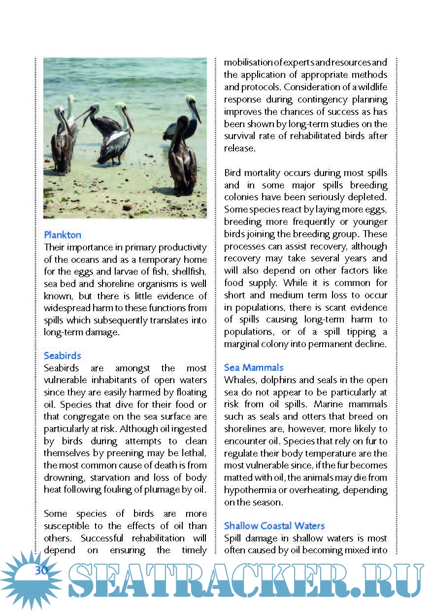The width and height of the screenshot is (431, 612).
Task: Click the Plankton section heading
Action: [x=63, y=235]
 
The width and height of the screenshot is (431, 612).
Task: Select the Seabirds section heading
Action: [x=62, y=356]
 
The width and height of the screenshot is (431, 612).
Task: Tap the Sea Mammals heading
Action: [x=254, y=367]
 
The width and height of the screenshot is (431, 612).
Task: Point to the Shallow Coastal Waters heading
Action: [x=274, y=526]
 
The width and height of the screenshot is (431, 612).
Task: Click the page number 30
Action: [x=41, y=571]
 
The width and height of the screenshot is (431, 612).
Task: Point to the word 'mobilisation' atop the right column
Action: [x=248, y=63]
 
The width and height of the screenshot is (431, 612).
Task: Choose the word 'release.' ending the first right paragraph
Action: [x=240, y=148]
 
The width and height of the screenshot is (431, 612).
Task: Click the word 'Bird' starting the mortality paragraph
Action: [x=234, y=173]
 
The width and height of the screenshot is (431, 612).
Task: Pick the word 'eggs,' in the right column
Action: [x=376, y=209]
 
